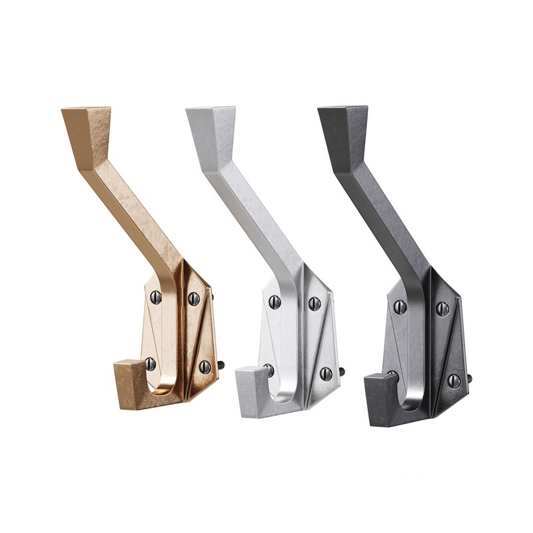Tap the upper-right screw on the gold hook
point(194,297)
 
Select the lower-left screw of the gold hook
point(151,363)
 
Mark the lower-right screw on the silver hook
point(326,372)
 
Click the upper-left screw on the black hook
point(400,306)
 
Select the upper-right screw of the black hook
point(442,308)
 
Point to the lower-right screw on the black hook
point(454,380)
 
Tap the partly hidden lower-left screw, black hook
point(393,374)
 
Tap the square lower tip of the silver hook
point(249,386)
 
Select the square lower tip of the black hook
point(377,393)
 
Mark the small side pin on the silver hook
point(342,372)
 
